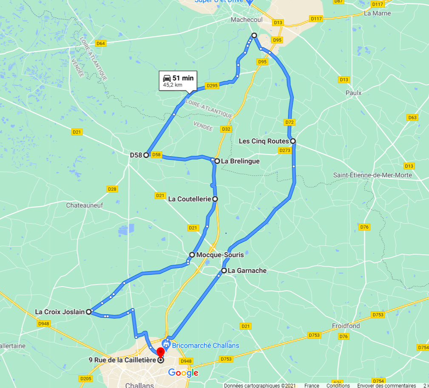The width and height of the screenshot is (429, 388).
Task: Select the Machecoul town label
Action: point(247,20)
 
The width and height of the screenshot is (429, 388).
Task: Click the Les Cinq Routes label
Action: point(264,141)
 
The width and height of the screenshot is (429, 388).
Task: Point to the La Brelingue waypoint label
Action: point(240,161)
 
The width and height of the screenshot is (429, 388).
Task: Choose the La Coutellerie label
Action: point(190,199)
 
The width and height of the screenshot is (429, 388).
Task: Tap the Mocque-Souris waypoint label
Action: point(220,255)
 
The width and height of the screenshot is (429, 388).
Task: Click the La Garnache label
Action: point(247,270)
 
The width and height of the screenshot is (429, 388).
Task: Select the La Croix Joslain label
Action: point(60,312)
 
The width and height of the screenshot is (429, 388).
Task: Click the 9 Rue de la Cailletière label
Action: point(122,360)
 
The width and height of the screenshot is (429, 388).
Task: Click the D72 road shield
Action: point(290,122)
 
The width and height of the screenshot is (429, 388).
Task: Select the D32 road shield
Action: point(226,129)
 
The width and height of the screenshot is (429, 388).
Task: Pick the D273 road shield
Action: point(284,150)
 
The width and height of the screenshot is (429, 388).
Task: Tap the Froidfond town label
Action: point(346,326)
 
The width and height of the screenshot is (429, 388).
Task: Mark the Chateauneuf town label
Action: point(85,205)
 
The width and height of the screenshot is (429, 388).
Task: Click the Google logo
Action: point(183,373)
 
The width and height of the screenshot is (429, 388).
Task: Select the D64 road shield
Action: point(100,43)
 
